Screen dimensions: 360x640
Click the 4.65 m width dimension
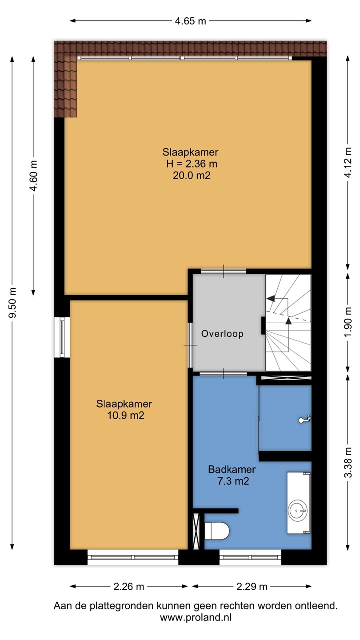pos(191,21)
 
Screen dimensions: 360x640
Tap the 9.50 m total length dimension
pos(12,303)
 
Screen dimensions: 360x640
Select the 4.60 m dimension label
pos(34,176)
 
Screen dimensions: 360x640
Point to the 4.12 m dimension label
pos(348,162)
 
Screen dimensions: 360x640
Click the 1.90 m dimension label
pos(348,322)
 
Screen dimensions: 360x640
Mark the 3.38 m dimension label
pos(348,462)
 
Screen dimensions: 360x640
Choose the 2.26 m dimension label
pos(128,587)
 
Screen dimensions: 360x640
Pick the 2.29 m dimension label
pos(252,587)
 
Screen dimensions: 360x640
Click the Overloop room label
pos(222,334)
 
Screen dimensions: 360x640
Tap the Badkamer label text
pos(232,469)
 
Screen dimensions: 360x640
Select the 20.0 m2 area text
pos(192,175)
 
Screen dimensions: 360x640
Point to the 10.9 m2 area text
pos(125,415)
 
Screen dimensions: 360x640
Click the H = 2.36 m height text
pos(192,164)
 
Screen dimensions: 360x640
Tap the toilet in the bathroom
pos(217,531)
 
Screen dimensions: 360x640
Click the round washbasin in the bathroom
pos(297,510)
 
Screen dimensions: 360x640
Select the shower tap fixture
pos(305,420)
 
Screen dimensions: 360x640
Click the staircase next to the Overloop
pos(288,323)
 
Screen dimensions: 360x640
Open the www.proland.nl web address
pos(196,617)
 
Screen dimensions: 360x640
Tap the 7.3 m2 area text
pos(233,481)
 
